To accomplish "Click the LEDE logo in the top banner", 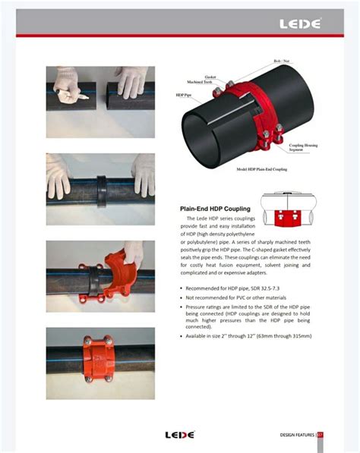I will (x=300, y=24).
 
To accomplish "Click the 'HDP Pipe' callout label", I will (x=183, y=95).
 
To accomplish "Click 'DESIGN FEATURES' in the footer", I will (x=297, y=435).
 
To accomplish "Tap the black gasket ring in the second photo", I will (x=101, y=187).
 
